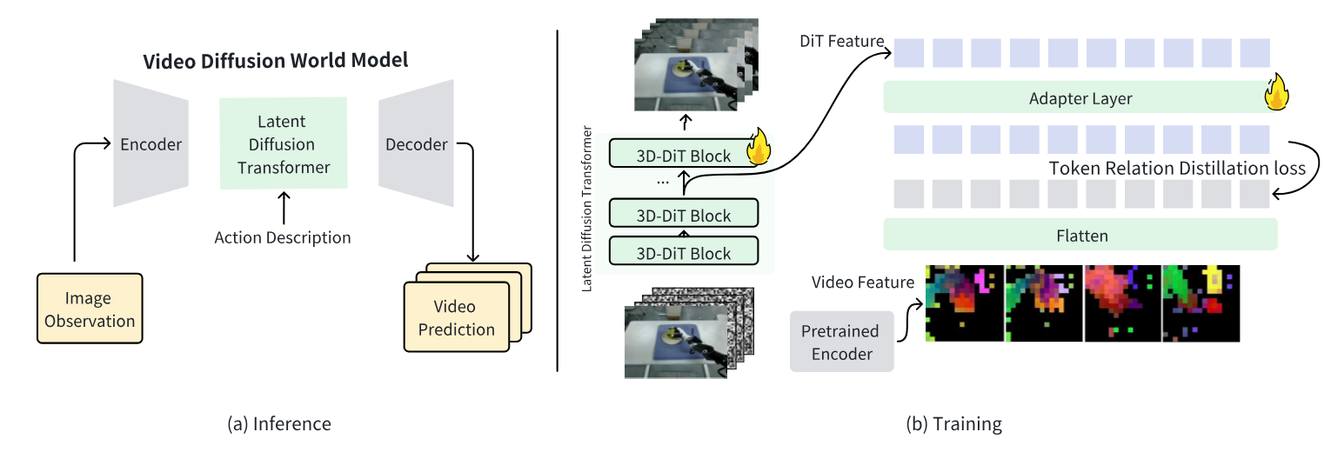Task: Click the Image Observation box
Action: pos(90,309)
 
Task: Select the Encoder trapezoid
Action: pos(150,143)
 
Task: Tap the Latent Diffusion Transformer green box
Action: pos(284,143)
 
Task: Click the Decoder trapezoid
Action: pos(416,143)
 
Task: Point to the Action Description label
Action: pos(283,237)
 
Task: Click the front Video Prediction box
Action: pos(457,317)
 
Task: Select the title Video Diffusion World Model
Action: pos(275,61)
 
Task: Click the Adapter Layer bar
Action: pos(1080,97)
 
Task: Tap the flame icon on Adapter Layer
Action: pos(1275,92)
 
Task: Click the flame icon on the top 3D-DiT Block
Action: pos(759,147)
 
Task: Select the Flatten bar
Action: pos(1080,235)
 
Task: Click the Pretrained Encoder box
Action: pos(841,342)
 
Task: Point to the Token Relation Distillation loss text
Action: pos(1177,168)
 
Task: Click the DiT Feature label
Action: pos(841,41)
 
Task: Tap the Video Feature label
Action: pos(863,282)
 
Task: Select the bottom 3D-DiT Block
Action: pos(683,250)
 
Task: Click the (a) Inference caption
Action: pos(279,423)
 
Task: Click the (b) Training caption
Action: pos(953,423)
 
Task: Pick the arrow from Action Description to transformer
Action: pos(284,208)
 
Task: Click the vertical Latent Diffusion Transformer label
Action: pos(586,209)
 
